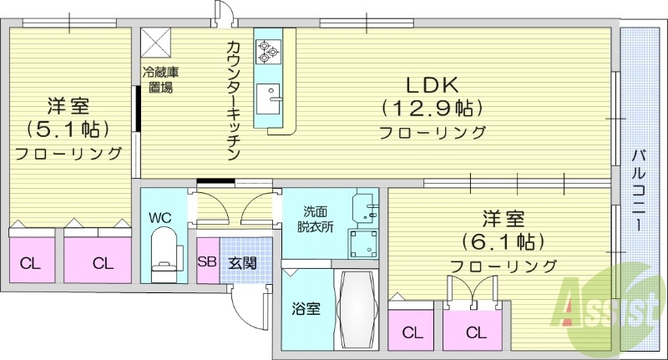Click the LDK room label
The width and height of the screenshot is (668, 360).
432,85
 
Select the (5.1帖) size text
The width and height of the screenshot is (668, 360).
68,129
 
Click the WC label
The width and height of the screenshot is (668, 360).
160,217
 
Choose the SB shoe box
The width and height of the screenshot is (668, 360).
206,261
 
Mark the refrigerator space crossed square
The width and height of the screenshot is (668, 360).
156,42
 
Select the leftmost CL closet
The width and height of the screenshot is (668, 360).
30,264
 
